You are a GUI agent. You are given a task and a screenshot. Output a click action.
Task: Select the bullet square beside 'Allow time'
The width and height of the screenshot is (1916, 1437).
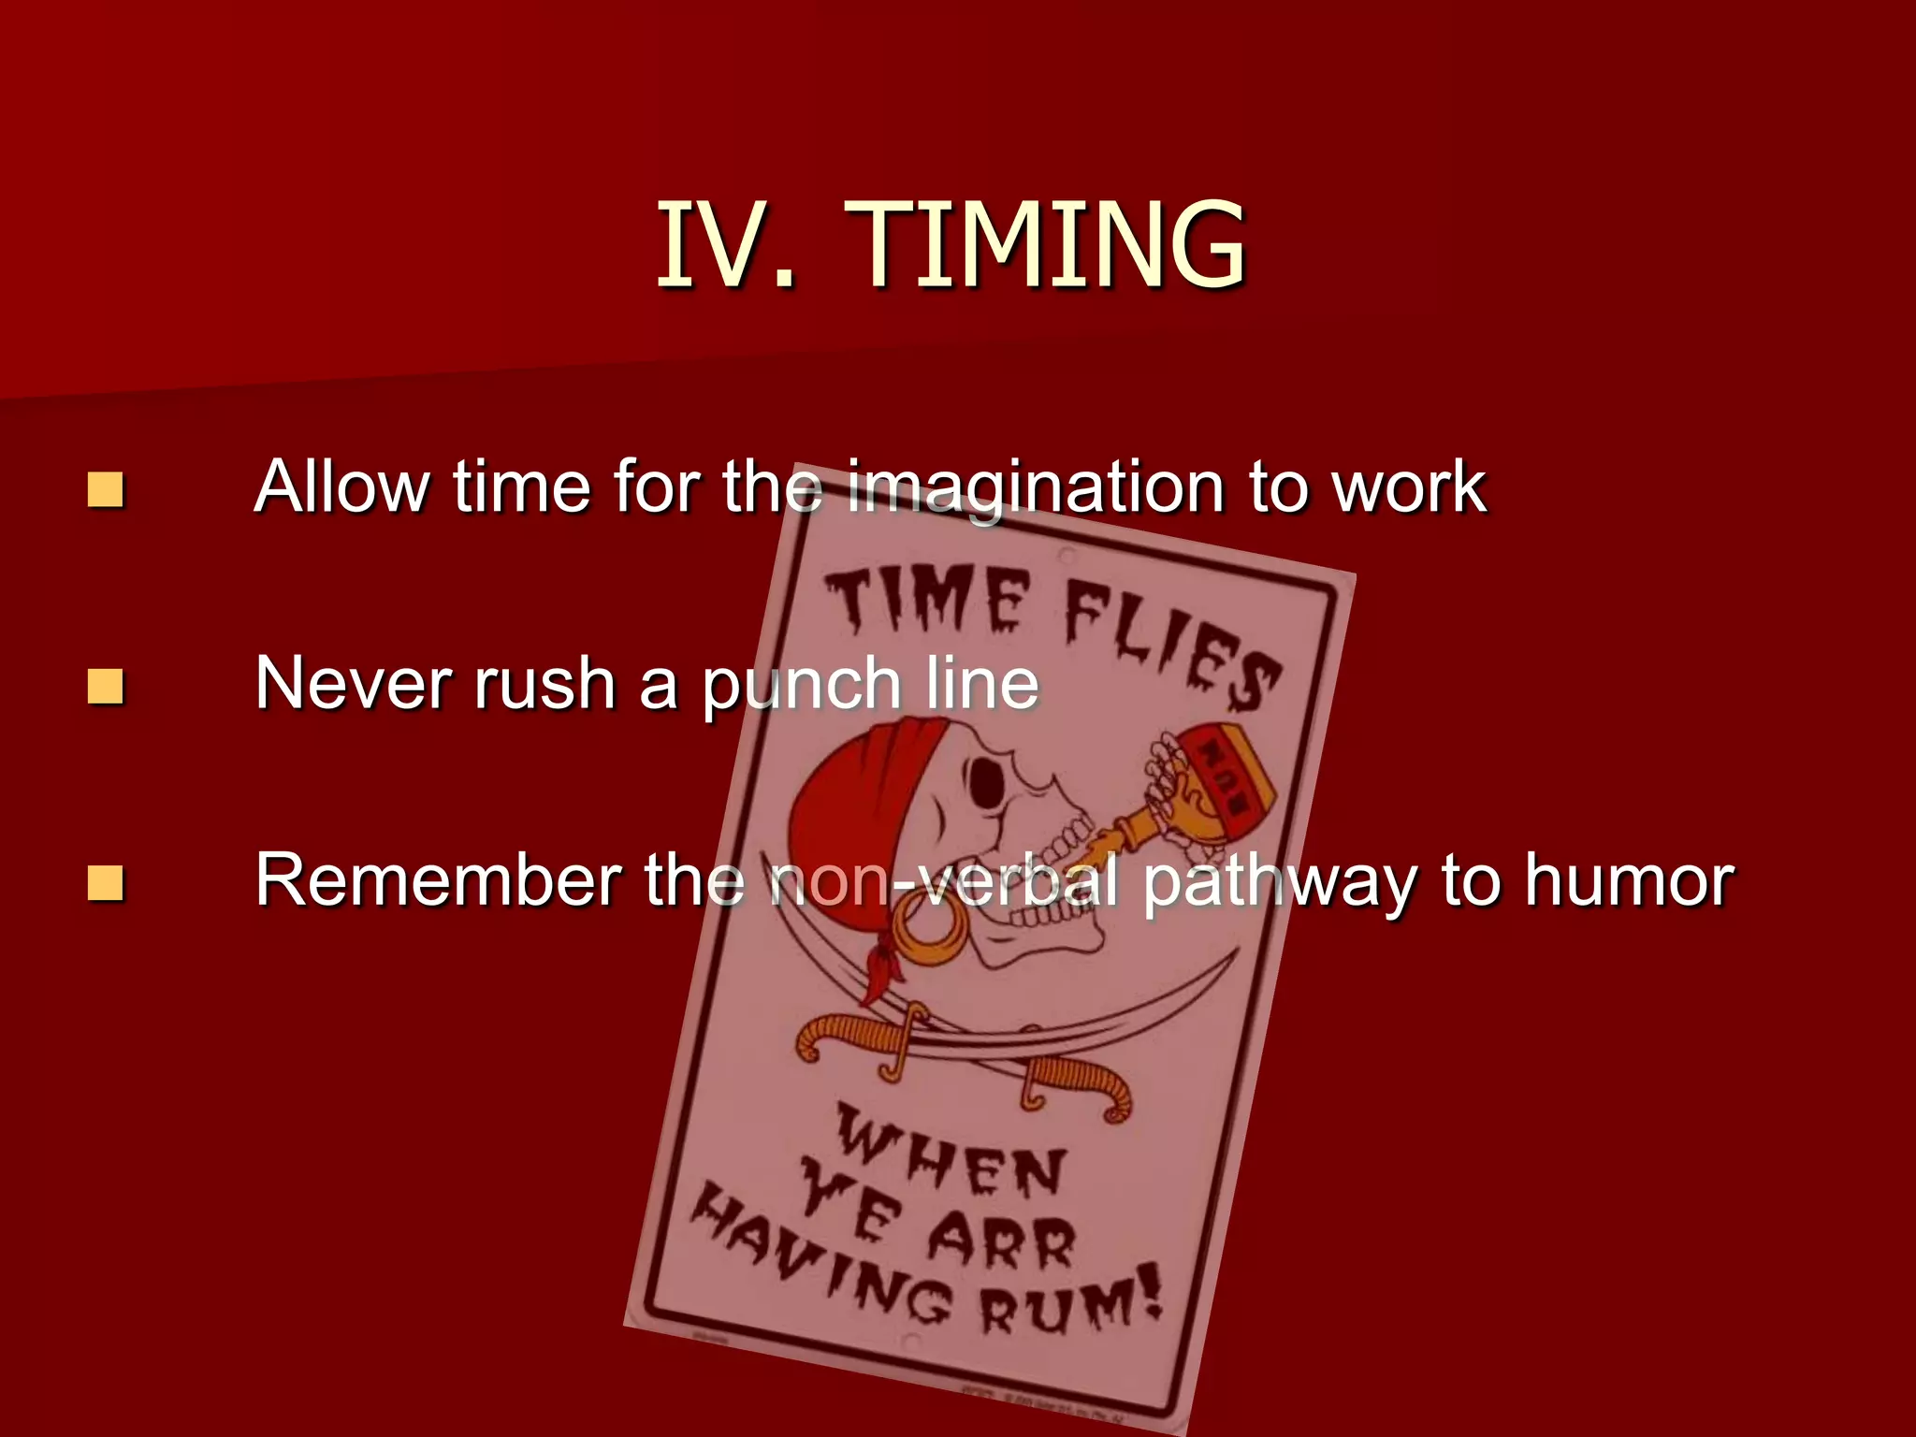(x=105, y=489)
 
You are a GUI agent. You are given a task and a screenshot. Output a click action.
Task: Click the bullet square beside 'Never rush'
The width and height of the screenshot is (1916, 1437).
(x=105, y=686)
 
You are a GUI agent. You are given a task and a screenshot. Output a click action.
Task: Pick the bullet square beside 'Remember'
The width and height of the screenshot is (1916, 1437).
(x=105, y=882)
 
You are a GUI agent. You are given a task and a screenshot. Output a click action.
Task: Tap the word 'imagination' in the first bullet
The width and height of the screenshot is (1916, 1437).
(x=1035, y=489)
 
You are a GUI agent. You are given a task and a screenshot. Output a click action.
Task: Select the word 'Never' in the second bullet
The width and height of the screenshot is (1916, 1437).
(x=356, y=683)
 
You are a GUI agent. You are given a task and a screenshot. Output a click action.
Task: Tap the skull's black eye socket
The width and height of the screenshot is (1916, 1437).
(x=985, y=782)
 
